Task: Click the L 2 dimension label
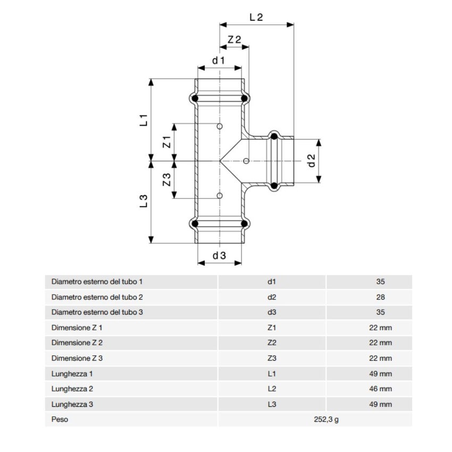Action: tap(256, 17)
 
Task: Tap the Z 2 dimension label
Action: tap(235, 40)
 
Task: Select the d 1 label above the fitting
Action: tap(219, 61)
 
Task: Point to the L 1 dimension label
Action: tap(144, 120)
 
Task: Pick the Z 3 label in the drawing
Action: tap(166, 180)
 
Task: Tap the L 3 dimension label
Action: tap(144, 201)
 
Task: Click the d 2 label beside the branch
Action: tap(312, 161)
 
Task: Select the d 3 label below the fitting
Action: tap(219, 255)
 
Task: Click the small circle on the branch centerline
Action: tap(246, 161)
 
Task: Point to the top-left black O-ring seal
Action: tap(195, 99)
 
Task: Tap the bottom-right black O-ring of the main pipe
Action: tap(245, 223)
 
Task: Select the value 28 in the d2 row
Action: tap(380, 297)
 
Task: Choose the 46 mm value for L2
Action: tap(380, 389)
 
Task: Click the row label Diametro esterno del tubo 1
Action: tap(97, 282)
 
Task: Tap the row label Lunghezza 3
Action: tap(72, 404)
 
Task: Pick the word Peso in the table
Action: tap(60, 420)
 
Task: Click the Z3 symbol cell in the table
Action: tap(272, 358)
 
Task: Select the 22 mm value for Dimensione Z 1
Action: tap(380, 328)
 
